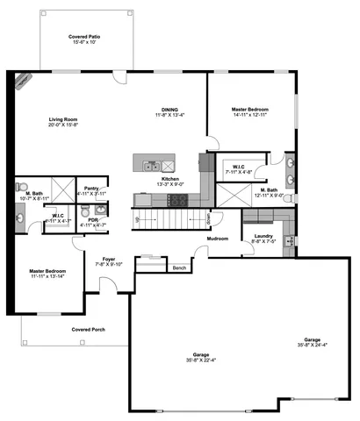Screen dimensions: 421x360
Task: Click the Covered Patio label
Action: point(83,36)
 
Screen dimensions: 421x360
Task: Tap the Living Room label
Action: point(64,119)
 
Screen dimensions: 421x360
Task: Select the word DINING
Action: point(169,110)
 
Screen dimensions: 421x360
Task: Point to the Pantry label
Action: point(91,188)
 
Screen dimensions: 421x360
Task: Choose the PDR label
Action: point(92,219)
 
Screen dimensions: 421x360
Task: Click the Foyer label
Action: point(109,259)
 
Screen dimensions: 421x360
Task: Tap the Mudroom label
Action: point(218,239)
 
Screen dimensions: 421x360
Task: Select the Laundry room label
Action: point(263,236)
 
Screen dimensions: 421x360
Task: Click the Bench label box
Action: point(179,268)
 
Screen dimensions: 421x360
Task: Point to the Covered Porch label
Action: point(88,330)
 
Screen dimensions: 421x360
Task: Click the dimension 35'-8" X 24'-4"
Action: point(312,344)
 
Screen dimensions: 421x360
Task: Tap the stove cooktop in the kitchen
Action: point(177,200)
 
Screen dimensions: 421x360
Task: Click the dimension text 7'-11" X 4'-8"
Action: point(238,173)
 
